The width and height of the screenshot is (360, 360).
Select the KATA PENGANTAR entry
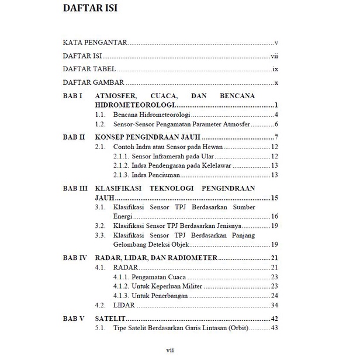(x=95, y=43)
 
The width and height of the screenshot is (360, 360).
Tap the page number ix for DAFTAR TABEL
(x=274, y=70)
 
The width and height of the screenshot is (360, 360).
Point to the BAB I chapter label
(x=72, y=95)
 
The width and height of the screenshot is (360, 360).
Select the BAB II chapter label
(x=74, y=137)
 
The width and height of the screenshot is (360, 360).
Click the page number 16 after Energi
(x=273, y=216)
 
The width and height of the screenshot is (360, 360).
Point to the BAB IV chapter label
(x=75, y=257)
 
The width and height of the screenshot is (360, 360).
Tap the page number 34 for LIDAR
(x=273, y=305)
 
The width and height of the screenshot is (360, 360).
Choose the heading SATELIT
(x=110, y=319)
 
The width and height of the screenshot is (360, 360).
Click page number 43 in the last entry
(x=273, y=328)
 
